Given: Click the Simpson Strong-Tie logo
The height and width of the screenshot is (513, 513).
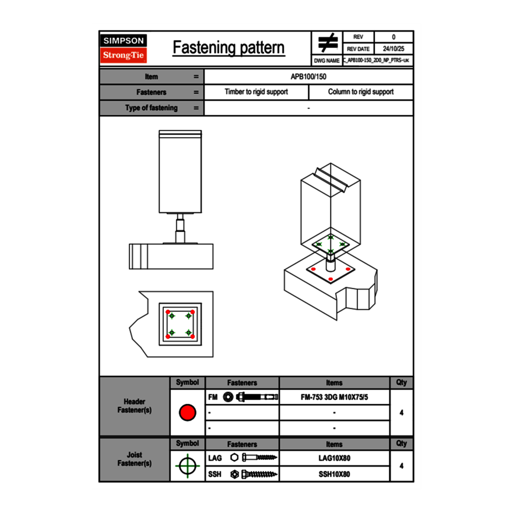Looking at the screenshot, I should click(x=124, y=48).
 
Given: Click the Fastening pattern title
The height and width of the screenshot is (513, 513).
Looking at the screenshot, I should click(x=229, y=48).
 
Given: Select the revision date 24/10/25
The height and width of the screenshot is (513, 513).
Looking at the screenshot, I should click(x=393, y=49).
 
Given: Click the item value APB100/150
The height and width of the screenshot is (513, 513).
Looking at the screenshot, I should click(x=308, y=76).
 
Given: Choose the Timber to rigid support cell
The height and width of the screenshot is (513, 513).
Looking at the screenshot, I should click(x=256, y=92).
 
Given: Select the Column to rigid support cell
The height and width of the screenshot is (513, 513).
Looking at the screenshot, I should click(x=361, y=92).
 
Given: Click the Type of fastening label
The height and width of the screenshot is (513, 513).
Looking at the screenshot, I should click(x=151, y=108).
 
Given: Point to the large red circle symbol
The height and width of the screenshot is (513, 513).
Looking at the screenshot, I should click(x=187, y=413).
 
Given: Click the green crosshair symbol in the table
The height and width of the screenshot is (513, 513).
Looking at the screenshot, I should click(x=187, y=466).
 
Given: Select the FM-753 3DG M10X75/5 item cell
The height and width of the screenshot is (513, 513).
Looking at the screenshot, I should click(x=335, y=398).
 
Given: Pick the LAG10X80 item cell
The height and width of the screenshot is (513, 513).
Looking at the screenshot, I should click(x=335, y=459).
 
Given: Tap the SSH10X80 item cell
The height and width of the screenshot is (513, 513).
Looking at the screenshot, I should click(x=335, y=474).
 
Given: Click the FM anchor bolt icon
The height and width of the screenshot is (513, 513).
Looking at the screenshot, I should click(x=251, y=398).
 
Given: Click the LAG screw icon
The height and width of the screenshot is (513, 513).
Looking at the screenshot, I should click(x=254, y=459).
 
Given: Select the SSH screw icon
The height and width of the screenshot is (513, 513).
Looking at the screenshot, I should click(x=254, y=474).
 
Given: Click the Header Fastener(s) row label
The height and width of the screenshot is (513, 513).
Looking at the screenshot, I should click(x=135, y=406).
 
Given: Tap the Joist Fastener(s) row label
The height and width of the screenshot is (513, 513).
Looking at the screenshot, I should click(x=135, y=459).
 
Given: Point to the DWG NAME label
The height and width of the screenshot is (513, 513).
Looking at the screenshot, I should click(x=326, y=61).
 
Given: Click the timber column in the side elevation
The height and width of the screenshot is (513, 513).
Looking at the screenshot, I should click(x=180, y=172).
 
